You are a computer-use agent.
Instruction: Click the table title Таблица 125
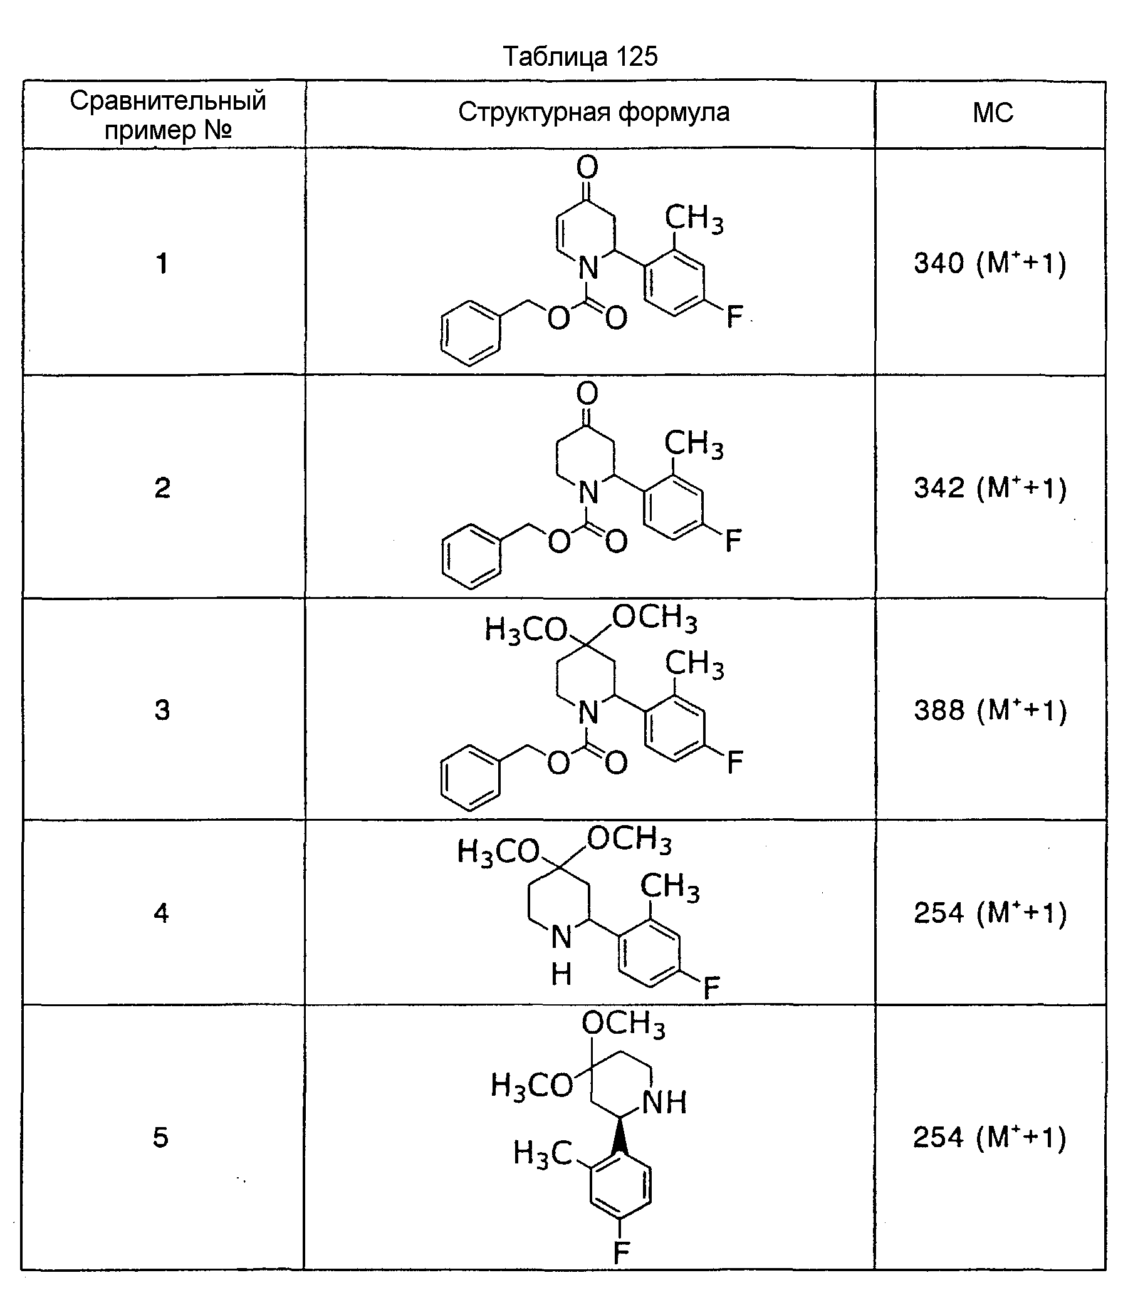[x=580, y=56]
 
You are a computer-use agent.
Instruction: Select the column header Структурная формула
[x=593, y=113]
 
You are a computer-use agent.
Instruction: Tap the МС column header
[x=993, y=113]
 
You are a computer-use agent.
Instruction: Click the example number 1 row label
[x=162, y=263]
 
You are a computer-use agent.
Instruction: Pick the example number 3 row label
[x=162, y=710]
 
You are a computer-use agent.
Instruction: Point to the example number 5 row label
[x=161, y=1137]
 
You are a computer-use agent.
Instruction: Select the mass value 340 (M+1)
[x=990, y=263]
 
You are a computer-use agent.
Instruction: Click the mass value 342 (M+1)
[x=990, y=487]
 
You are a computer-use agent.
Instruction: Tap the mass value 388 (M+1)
[x=990, y=710]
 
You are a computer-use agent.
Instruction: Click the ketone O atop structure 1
[x=587, y=167]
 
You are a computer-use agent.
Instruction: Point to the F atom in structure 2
[x=734, y=541]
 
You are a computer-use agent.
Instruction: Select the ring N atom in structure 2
[x=588, y=492]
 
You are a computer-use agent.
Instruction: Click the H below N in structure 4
[x=561, y=974]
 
